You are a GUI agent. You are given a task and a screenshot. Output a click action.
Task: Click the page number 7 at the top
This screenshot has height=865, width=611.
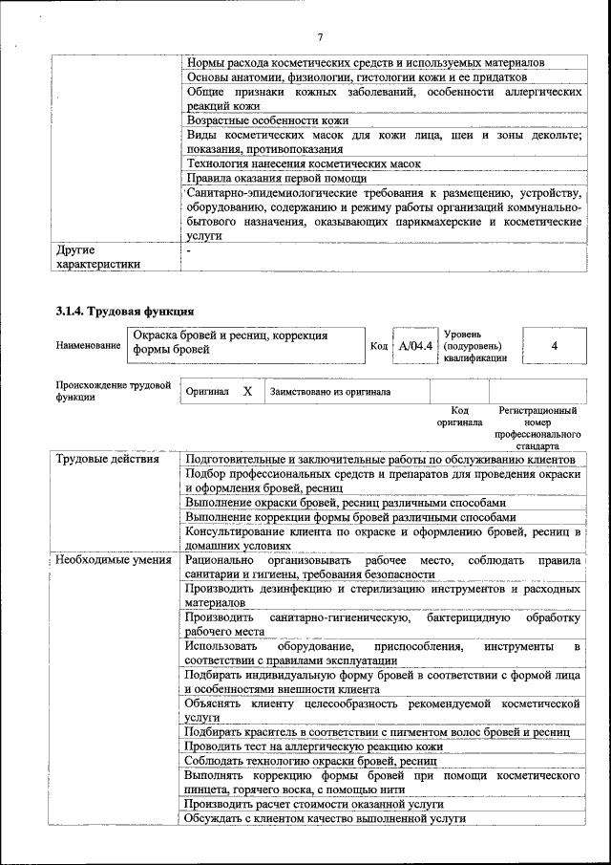[x=320, y=36]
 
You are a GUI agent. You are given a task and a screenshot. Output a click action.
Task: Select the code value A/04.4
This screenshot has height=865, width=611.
[x=415, y=345]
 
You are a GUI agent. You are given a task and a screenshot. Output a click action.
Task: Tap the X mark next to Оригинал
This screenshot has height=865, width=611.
[x=247, y=392]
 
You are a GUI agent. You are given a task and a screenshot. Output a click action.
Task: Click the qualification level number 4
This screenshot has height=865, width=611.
[x=554, y=345]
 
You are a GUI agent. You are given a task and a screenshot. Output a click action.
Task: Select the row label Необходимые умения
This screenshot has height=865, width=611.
[x=113, y=560]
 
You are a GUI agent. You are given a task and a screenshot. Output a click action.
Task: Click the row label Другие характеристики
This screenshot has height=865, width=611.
[x=98, y=257]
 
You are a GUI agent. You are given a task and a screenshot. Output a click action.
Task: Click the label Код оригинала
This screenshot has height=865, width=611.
[x=459, y=416]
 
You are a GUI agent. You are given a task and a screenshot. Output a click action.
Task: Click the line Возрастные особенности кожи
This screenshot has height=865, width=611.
[x=266, y=120]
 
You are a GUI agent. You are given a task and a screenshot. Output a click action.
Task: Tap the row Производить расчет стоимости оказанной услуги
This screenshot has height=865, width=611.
[x=314, y=805]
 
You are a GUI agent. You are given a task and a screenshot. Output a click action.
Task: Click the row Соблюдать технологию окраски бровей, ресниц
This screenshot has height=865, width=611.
[x=310, y=761]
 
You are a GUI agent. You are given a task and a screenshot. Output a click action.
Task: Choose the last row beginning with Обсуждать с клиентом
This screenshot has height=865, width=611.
[x=325, y=819]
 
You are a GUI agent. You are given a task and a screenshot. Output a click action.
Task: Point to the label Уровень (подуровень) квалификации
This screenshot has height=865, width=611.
[x=474, y=345]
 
